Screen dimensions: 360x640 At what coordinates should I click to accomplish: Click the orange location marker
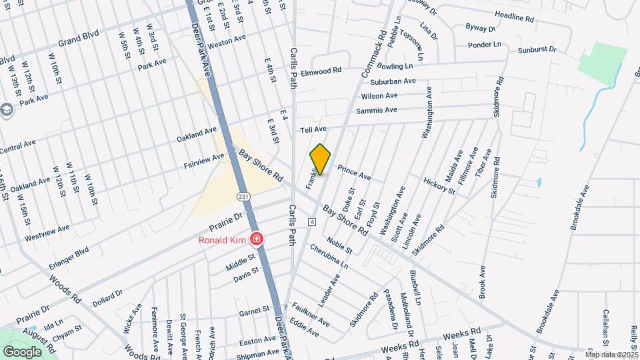click(x=321, y=159)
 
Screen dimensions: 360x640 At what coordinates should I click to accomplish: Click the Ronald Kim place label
click(x=222, y=240)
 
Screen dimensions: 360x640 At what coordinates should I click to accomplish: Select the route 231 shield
click(x=243, y=196)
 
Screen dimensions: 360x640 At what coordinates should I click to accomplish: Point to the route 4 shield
click(x=311, y=221)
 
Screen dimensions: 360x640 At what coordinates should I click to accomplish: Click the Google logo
click(x=22, y=351)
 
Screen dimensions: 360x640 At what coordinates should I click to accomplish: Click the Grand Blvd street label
click(x=79, y=41)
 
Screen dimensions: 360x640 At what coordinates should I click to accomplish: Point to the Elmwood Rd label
click(x=321, y=71)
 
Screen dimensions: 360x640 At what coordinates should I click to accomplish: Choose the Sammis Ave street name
click(x=377, y=111)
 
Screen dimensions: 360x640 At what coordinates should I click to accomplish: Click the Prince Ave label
click(x=354, y=172)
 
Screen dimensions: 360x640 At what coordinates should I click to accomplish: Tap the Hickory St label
click(x=439, y=186)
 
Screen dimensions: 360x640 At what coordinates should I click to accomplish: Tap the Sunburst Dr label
click(x=537, y=50)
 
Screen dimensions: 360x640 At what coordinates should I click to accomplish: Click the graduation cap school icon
click(x=7, y=109)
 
